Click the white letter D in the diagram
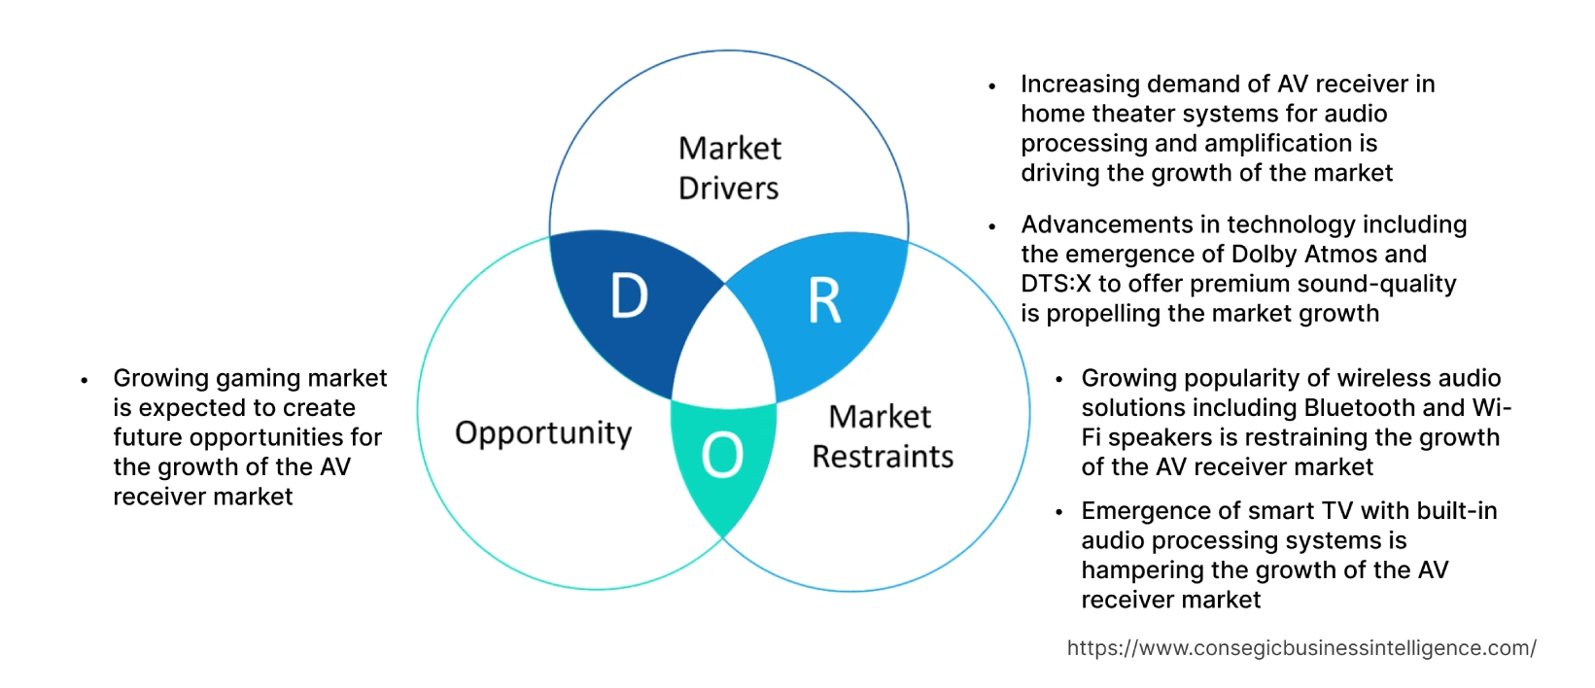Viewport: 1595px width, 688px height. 629,296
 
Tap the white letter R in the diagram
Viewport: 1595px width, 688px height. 824,301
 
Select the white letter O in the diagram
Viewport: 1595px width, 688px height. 722,455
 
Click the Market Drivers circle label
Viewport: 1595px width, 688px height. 729,168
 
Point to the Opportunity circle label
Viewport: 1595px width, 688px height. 543,432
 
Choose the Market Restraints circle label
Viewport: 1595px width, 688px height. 882,436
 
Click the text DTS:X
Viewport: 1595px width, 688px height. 1056,284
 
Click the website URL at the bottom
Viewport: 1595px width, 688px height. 1300,648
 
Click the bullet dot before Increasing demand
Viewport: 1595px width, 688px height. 991,86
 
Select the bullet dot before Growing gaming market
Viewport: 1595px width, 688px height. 85,380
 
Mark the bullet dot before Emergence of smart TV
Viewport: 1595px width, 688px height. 1058,513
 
